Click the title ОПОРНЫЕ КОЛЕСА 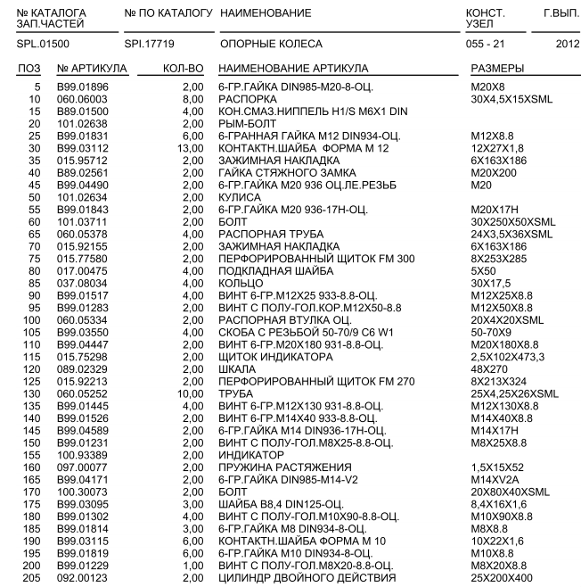[x=271, y=44]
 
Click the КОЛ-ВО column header [x=185, y=69]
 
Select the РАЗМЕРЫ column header [x=496, y=69]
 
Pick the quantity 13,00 [x=192, y=148]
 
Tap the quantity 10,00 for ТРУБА [x=192, y=394]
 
